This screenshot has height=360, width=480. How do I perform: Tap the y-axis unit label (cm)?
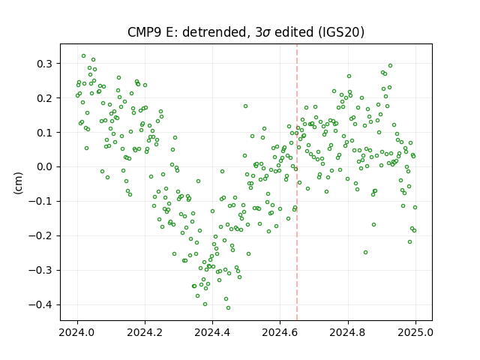click(x=18, y=183)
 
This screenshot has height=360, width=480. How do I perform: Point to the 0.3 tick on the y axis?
click(x=46, y=64)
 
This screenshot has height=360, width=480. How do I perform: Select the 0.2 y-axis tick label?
click(x=46, y=98)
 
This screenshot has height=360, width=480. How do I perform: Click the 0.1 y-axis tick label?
click(x=46, y=133)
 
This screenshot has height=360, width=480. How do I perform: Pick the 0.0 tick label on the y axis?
click(x=46, y=167)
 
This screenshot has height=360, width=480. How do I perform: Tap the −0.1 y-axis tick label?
click(x=41, y=202)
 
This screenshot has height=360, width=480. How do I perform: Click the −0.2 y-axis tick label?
click(x=41, y=236)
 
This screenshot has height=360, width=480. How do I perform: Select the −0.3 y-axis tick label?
click(x=41, y=270)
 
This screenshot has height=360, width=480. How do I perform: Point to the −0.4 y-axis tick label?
click(x=41, y=305)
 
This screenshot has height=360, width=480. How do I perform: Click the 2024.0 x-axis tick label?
click(x=77, y=332)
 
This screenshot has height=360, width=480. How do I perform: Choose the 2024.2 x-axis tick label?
click(x=145, y=332)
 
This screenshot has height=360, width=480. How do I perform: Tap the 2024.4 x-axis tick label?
click(x=212, y=332)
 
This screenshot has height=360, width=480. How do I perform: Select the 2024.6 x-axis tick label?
click(x=280, y=332)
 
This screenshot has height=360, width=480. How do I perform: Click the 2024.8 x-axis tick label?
click(x=348, y=332)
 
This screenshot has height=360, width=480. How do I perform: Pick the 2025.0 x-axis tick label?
click(x=415, y=332)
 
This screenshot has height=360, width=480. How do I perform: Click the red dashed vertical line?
click(x=297, y=182)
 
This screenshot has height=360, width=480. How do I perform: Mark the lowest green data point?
click(x=228, y=308)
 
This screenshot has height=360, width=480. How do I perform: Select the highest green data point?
click(x=83, y=56)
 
